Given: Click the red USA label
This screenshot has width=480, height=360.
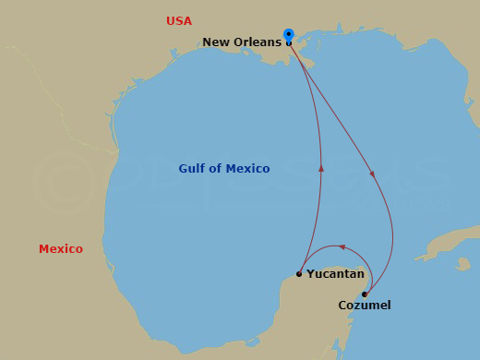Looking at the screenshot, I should click(x=179, y=20).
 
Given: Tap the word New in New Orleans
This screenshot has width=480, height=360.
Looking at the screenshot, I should click(x=219, y=42).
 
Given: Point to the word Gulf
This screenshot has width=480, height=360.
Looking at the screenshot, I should click(x=194, y=168).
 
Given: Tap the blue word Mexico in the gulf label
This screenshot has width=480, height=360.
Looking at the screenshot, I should click(x=248, y=168).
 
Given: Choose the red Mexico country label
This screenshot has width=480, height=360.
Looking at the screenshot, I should click(x=61, y=249).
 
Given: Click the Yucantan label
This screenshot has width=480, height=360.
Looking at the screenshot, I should click(x=335, y=273).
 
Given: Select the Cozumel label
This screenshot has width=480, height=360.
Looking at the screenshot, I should click(x=364, y=305).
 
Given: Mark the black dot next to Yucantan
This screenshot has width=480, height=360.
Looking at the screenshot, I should click(x=299, y=273).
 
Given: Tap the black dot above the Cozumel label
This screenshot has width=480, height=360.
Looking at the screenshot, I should click(x=365, y=294).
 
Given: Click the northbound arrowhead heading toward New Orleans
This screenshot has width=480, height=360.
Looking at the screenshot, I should click(x=321, y=168).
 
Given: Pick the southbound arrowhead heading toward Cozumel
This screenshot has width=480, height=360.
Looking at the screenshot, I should click(x=373, y=173).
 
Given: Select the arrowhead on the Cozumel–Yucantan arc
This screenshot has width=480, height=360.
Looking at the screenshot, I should click(x=342, y=246).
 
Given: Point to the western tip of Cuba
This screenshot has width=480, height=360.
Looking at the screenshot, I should click(x=417, y=258).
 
